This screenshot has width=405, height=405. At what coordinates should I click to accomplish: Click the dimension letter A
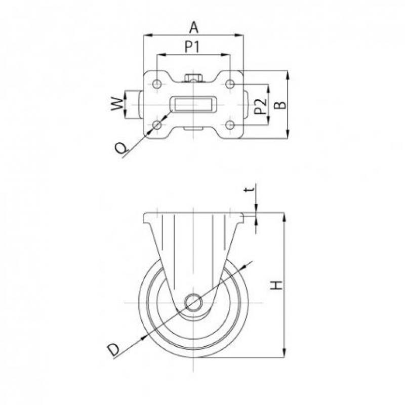coord(194,28)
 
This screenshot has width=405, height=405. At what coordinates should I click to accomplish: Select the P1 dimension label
coord(192,47)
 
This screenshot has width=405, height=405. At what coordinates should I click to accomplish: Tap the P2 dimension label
coord(260,106)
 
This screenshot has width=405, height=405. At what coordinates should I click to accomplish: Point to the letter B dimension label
coord(280,105)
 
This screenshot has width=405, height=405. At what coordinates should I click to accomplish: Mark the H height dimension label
coord(276,285)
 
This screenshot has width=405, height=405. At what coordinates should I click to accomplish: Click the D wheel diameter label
coord(113,350)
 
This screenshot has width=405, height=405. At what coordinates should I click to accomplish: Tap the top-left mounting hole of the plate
coord(157,84)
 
